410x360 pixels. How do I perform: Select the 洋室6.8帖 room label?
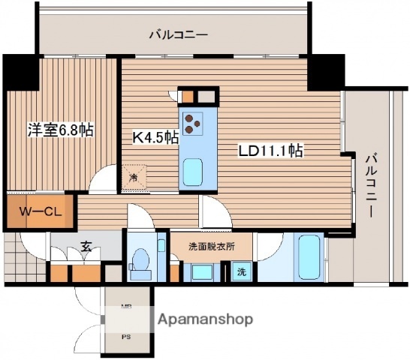61,130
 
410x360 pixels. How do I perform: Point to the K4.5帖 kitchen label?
155,136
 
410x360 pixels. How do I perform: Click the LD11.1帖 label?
270,150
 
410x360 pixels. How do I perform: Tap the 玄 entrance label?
87,245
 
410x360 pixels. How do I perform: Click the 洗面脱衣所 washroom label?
212,245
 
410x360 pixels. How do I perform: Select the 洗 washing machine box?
241,271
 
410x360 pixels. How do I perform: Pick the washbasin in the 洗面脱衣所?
200,271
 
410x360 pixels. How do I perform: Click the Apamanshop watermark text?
205,319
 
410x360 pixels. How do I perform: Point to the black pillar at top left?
20,72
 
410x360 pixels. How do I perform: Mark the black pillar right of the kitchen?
325,71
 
